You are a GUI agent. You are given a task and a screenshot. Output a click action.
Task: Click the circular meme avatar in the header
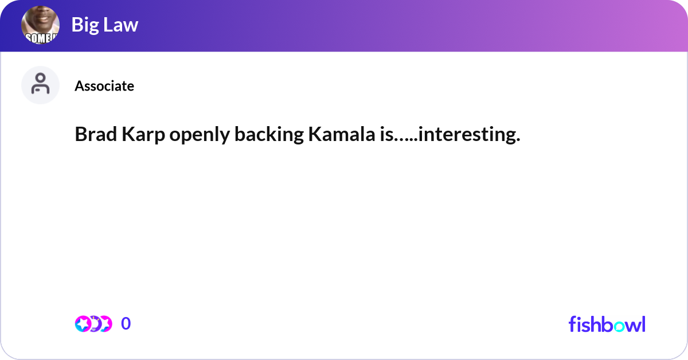41,26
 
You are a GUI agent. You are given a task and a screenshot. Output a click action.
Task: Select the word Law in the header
121,25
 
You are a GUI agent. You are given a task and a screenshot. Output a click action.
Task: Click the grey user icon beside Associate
41,85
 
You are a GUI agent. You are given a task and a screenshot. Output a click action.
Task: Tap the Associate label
104,86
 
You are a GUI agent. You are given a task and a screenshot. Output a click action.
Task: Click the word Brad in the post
93,135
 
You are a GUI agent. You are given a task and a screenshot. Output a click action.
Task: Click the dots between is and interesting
406,139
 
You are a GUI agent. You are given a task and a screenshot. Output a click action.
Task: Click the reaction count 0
126,324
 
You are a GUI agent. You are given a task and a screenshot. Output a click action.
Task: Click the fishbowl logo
607,324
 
